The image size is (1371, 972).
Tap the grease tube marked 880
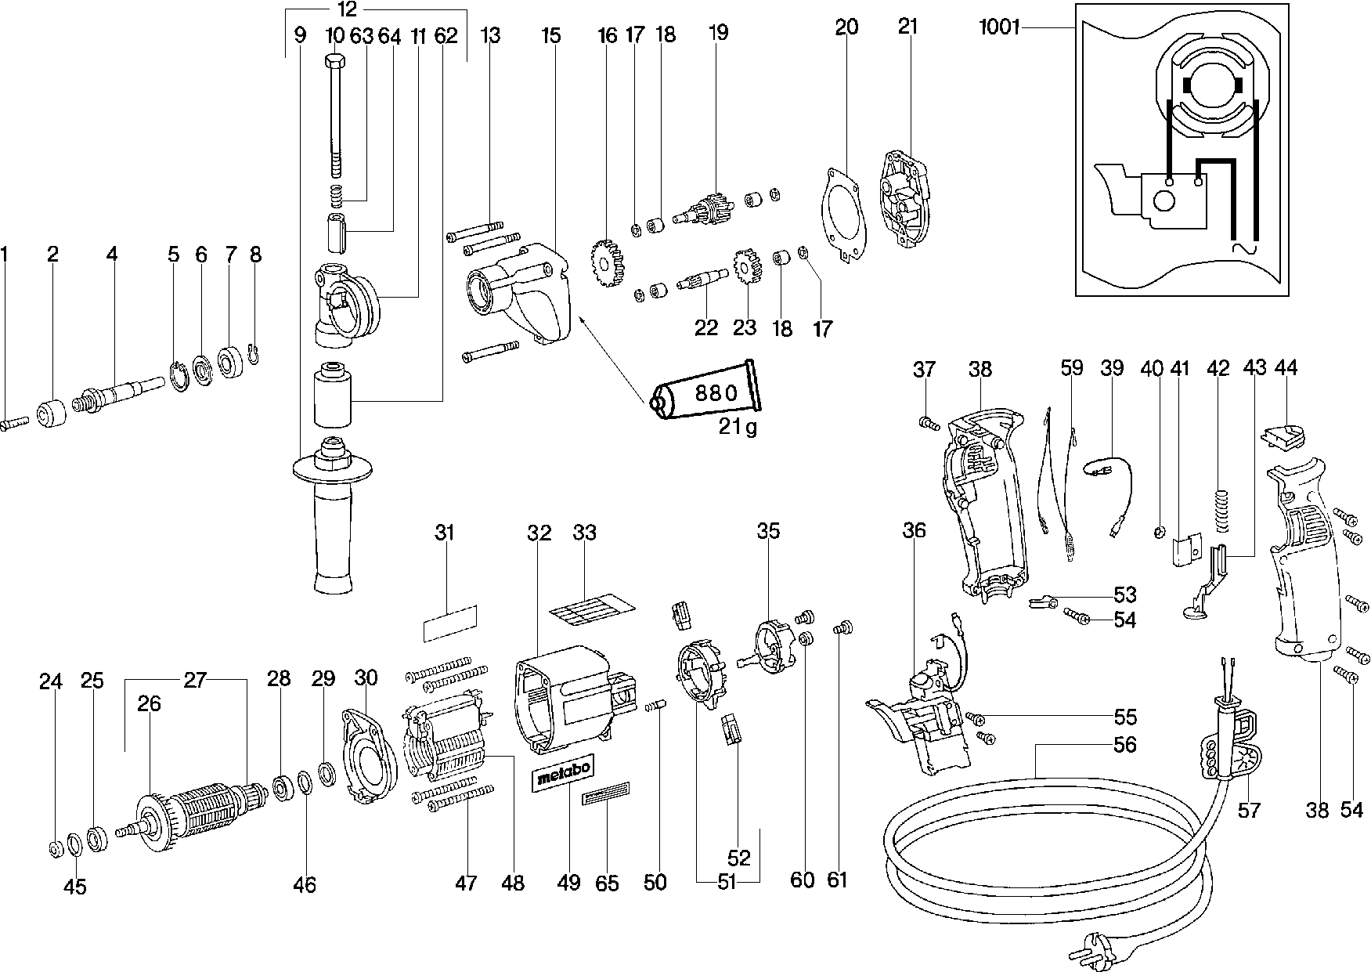(705, 393)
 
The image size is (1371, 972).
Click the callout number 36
(914, 531)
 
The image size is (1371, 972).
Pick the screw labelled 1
(16, 422)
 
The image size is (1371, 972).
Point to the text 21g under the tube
(738, 428)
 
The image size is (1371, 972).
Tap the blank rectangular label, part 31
(449, 623)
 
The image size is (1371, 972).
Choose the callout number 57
(1249, 809)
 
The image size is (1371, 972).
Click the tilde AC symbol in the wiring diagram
(1243, 250)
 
